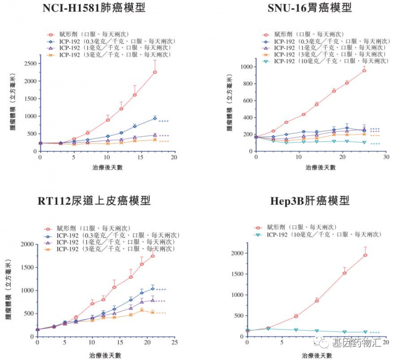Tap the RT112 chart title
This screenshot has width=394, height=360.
[x=94, y=201]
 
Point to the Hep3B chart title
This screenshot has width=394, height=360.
[x=310, y=201]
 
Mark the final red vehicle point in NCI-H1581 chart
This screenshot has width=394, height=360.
[x=155, y=72]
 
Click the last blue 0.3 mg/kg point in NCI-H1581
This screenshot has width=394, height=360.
[x=155, y=118]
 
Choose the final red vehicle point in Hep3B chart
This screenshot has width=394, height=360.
[x=365, y=255]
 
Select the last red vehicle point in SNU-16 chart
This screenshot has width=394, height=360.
[x=364, y=70]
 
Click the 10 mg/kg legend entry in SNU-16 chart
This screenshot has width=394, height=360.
[x=325, y=61]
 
